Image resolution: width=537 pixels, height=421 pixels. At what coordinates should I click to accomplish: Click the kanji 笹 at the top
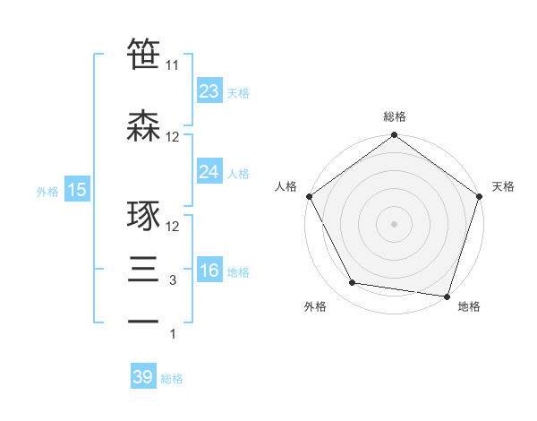click(x=143, y=54)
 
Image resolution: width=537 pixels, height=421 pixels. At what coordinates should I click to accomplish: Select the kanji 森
click(x=143, y=126)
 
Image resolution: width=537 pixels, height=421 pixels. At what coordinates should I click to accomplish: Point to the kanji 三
click(x=143, y=271)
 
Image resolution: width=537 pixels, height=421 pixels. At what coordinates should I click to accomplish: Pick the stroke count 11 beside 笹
click(x=173, y=65)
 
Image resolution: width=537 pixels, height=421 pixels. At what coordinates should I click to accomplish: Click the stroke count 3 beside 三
click(x=173, y=280)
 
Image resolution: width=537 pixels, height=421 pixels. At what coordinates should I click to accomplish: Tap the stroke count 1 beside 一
click(x=173, y=334)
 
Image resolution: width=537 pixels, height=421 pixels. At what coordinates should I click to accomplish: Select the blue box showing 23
click(x=209, y=91)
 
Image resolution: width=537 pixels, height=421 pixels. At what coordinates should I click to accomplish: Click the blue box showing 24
click(x=209, y=172)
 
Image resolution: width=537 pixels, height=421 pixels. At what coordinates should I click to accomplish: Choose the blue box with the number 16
click(x=209, y=271)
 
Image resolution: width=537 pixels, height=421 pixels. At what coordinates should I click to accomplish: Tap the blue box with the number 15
click(x=76, y=190)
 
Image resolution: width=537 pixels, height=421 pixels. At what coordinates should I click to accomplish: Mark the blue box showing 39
click(x=142, y=377)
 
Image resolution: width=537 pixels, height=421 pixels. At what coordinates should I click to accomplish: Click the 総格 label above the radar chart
click(x=394, y=116)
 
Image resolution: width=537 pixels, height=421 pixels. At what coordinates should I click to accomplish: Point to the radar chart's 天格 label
click(x=503, y=187)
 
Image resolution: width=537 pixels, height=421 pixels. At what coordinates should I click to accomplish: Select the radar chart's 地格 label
click(x=469, y=307)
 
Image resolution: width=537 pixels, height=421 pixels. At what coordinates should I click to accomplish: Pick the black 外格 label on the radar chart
click(x=315, y=307)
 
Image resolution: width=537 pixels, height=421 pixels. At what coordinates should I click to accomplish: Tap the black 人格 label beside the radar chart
click(x=286, y=187)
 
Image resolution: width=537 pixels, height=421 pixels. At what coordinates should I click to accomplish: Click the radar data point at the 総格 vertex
click(x=394, y=136)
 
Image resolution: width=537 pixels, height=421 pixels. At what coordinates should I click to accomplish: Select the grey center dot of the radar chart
click(x=394, y=223)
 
